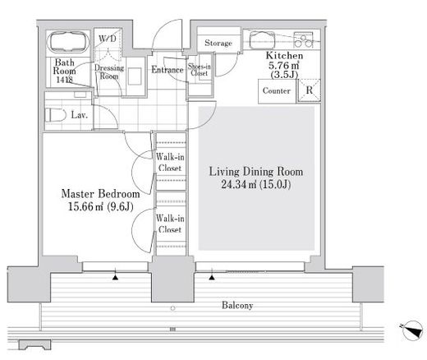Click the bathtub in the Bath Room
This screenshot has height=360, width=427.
coord(68,42)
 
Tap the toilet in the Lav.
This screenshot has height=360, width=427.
coord(56,115)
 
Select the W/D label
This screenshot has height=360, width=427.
coord(108,39)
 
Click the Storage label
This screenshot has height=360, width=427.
coord(218,43)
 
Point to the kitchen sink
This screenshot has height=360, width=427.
coord(262,40)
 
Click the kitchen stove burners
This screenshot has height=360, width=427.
coord(303,39)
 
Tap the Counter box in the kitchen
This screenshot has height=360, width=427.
coord(277,91)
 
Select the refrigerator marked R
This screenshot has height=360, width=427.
coord(309,90)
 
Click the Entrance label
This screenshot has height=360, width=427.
coord(168,70)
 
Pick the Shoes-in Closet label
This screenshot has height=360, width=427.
coord(200,70)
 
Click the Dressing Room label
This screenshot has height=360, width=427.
coord(109,72)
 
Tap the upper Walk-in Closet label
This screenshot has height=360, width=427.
coord(170,162)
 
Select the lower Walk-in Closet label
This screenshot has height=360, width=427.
coord(170,224)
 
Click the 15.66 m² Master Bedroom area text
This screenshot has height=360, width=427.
coord(100,206)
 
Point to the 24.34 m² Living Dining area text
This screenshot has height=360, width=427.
coord(255,184)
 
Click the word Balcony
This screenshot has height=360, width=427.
coord(237,305)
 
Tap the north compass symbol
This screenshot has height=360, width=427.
coord(412,330)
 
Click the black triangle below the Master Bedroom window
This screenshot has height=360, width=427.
coord(116,278)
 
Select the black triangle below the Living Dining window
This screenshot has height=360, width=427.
coord(212,278)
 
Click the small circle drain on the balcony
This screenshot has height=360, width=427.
coord(172,308)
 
